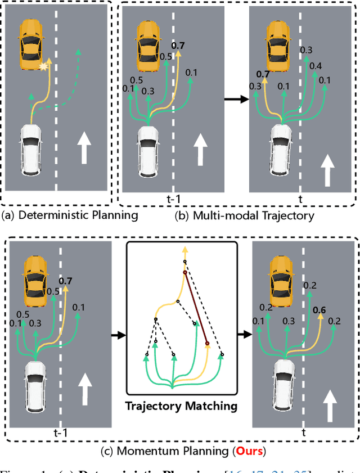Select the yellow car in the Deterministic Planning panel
coord(31,42)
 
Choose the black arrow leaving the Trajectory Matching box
coord(243,336)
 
